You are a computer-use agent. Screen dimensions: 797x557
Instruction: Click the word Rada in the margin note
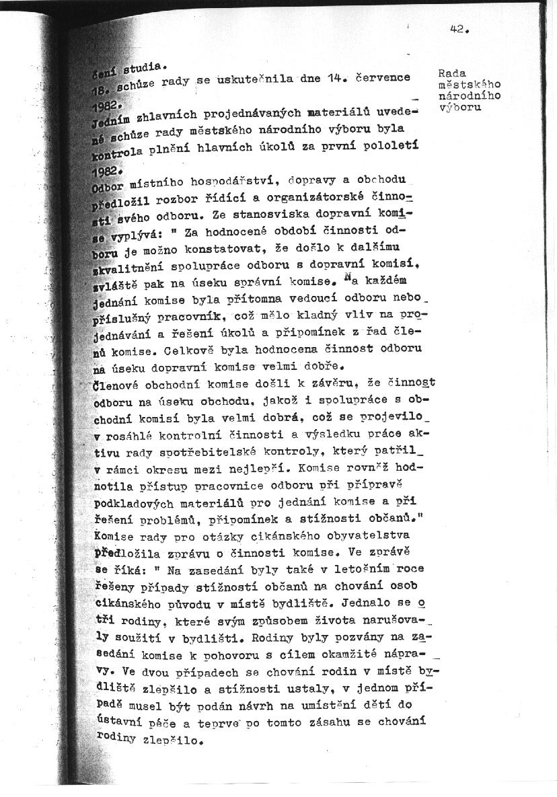(452, 73)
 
